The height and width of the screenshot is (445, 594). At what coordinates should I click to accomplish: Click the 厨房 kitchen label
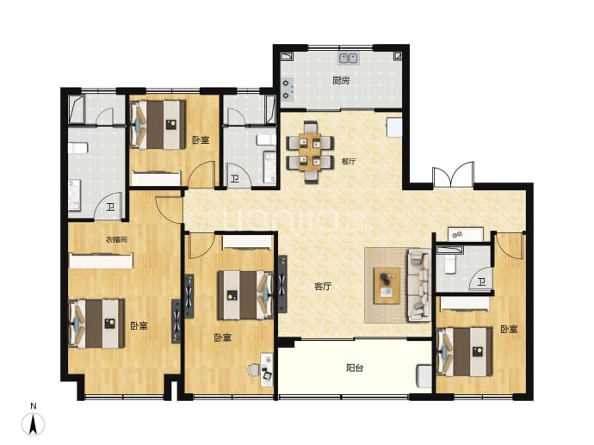tap(341, 80)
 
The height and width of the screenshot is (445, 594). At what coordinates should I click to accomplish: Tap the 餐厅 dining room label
tap(349, 161)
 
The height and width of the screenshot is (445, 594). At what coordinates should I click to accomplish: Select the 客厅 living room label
tap(323, 287)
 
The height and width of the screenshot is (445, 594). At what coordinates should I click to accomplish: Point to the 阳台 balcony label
tap(355, 368)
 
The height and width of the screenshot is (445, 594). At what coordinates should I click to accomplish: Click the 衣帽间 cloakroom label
tap(116, 239)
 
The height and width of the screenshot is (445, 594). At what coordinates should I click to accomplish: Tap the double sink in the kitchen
tap(349, 59)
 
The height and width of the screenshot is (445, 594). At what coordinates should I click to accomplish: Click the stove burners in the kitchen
tap(287, 90)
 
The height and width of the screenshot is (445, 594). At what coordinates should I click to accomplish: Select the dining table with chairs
tap(310, 151)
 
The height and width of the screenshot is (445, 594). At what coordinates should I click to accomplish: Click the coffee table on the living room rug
tap(387, 286)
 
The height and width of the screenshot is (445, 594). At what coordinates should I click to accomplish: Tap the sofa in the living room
tap(419, 285)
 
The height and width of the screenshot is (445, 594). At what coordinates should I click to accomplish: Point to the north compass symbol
tap(34, 424)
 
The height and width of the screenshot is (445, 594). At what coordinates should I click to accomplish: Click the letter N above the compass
tap(34, 406)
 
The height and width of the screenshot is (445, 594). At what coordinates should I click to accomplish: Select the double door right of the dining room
tap(454, 174)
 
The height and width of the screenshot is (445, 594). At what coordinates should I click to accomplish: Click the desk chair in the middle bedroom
tap(253, 369)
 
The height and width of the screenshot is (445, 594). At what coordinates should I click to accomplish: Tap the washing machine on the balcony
tap(424, 375)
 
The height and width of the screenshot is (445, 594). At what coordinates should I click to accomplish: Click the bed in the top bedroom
tap(158, 125)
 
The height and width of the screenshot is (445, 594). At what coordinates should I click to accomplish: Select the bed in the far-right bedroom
tap(465, 352)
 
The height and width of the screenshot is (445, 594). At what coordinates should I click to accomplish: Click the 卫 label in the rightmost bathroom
tap(481, 281)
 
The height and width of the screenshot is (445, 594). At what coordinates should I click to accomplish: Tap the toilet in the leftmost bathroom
tap(78, 148)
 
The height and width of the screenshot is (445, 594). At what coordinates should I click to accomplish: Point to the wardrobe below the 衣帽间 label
tap(101, 261)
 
